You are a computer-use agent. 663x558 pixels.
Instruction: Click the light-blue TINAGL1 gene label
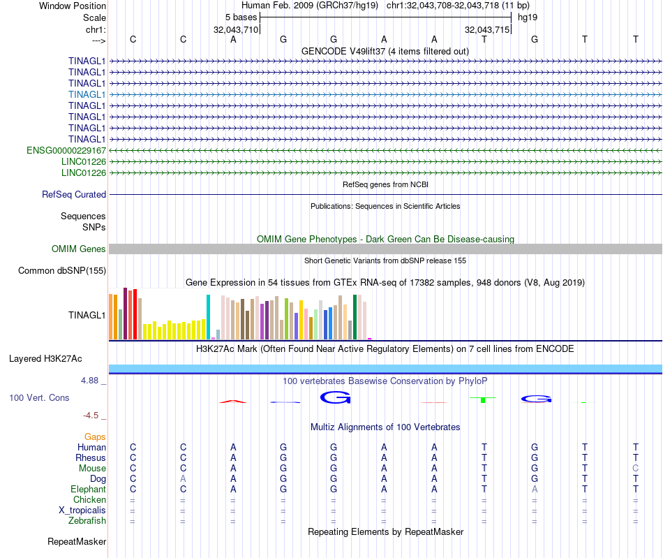tap(87, 94)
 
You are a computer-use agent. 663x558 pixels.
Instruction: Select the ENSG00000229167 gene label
tap(66, 150)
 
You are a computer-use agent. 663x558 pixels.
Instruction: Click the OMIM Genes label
tap(79, 249)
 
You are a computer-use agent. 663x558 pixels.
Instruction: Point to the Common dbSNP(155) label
tap(62, 271)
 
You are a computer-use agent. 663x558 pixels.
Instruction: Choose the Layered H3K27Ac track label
tap(45, 359)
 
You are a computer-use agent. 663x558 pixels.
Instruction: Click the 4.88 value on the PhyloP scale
tap(91, 381)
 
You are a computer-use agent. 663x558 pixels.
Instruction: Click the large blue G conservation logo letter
tap(334, 398)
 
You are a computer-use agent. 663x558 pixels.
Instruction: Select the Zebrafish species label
tap(87, 520)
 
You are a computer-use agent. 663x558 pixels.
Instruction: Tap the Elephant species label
tap(89, 490)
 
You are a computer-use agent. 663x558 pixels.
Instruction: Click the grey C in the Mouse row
tap(635, 468)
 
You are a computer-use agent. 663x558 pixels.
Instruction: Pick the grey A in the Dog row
tap(183, 478)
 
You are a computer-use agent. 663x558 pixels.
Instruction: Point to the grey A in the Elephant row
tap(535, 490)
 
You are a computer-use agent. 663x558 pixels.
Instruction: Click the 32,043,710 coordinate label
tap(236, 30)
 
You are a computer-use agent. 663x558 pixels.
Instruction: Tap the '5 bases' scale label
tap(241, 17)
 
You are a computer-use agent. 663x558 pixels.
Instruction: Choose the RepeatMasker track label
tap(77, 541)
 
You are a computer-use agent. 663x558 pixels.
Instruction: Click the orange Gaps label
tap(95, 436)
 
